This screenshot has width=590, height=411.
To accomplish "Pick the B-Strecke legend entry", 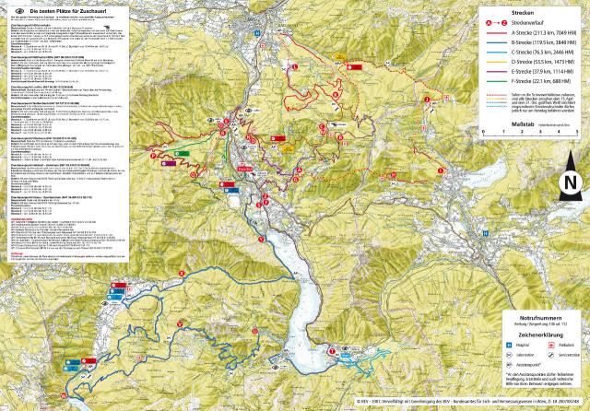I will (543, 43).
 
